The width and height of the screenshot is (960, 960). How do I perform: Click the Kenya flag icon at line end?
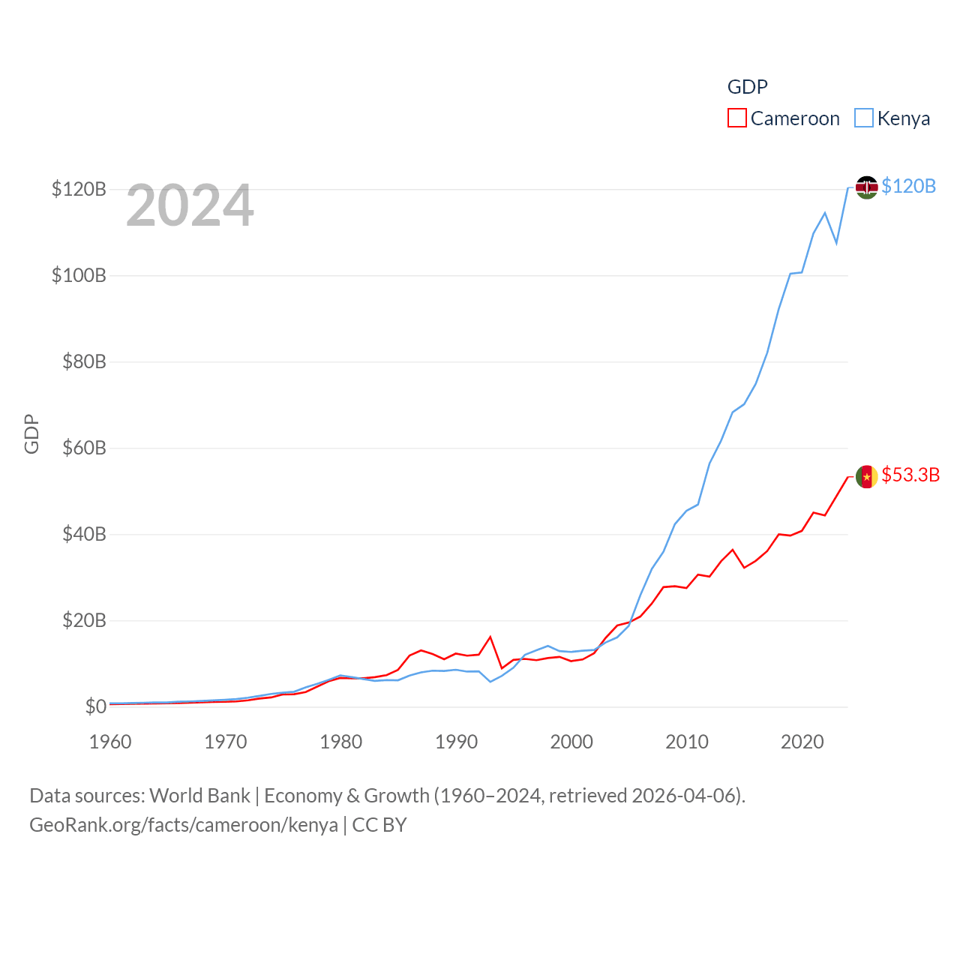point(866,187)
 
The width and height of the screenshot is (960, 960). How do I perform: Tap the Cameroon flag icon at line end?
point(866,476)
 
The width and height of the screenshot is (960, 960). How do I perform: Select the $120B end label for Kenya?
point(908,186)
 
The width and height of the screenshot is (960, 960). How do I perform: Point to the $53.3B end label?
point(910,475)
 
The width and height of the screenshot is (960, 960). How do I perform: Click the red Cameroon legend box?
point(736,118)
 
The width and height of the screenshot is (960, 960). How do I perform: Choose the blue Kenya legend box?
point(864,118)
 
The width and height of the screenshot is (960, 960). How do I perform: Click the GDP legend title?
point(747,87)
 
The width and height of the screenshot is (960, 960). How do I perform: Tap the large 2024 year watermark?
point(190,205)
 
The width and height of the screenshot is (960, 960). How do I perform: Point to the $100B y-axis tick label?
point(79,275)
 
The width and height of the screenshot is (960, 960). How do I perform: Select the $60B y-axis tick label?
point(84,448)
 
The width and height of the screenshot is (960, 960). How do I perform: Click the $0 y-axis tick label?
point(95,706)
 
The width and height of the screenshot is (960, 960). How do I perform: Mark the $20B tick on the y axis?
point(84,620)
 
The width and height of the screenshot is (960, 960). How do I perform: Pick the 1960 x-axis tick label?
point(110,742)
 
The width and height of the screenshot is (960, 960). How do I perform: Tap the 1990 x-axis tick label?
point(456,742)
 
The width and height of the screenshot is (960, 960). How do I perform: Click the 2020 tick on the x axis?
point(802,742)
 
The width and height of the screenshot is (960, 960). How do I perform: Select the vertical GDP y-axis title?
point(31,433)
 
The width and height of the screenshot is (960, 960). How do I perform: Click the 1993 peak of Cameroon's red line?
point(490,637)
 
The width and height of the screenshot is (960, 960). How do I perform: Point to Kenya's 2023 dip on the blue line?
point(836,243)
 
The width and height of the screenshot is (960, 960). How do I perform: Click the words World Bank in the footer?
point(200,795)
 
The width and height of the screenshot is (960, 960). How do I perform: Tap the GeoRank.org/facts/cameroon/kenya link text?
point(184,825)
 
